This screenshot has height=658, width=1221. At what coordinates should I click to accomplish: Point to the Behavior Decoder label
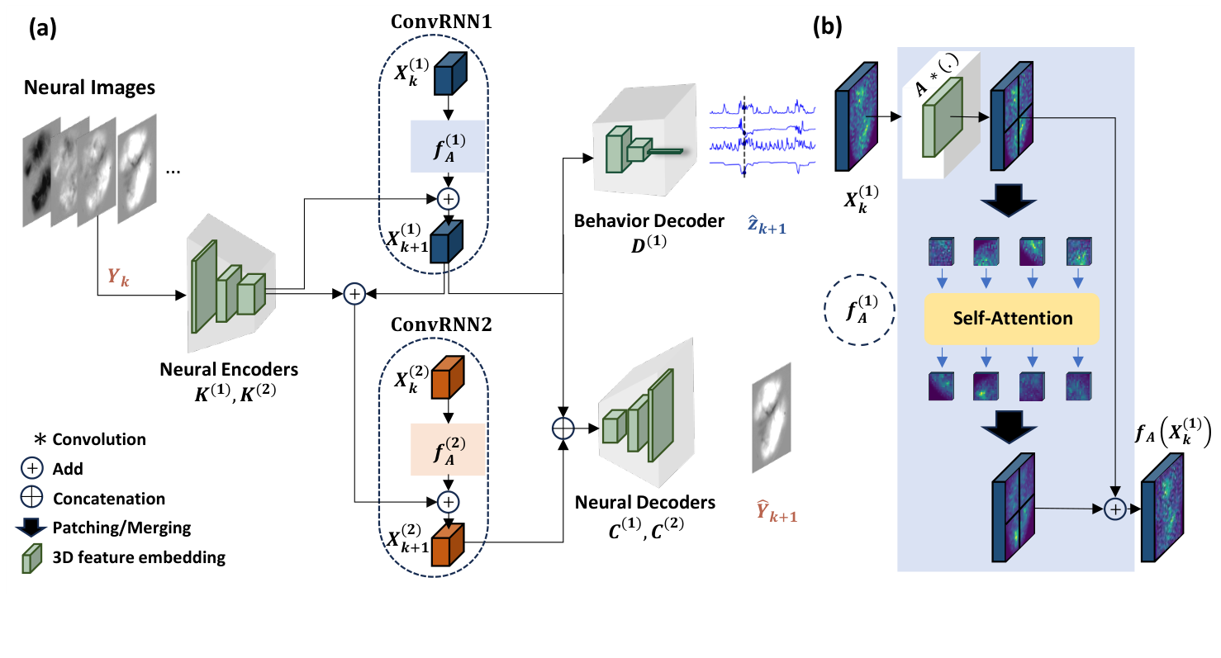point(650,221)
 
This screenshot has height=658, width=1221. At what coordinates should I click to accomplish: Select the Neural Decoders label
point(646,502)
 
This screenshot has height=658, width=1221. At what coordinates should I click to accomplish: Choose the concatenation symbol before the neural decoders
point(563,428)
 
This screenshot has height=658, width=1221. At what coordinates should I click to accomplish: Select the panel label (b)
point(828,28)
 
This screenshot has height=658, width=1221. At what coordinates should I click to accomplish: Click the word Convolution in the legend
point(99,439)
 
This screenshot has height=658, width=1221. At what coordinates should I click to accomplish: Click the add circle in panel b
point(1115,510)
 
